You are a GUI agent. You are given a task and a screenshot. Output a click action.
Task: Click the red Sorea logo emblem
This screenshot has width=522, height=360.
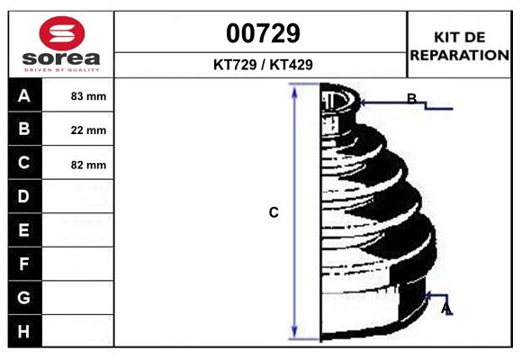[x=62, y=33]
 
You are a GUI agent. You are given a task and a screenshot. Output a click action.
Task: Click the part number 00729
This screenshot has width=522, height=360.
[x=263, y=33]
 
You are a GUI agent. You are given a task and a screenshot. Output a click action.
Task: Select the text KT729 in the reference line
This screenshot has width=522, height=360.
[x=235, y=65]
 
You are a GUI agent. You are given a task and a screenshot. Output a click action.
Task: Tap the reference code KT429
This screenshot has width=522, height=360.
[x=292, y=65]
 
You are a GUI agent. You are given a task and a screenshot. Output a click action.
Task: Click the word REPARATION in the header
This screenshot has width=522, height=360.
[x=460, y=55]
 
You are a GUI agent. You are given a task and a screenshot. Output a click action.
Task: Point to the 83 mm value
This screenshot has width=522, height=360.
[x=88, y=96]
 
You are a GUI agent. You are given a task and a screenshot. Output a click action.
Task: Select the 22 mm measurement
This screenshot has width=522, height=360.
[x=88, y=130]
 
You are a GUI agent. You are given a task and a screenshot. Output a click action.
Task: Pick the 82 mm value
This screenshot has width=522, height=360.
[x=88, y=165]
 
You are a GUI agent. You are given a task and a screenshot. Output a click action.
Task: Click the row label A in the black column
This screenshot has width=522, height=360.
[x=24, y=96]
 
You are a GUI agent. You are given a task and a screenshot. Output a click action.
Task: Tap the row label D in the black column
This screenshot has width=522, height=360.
[x=23, y=196]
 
